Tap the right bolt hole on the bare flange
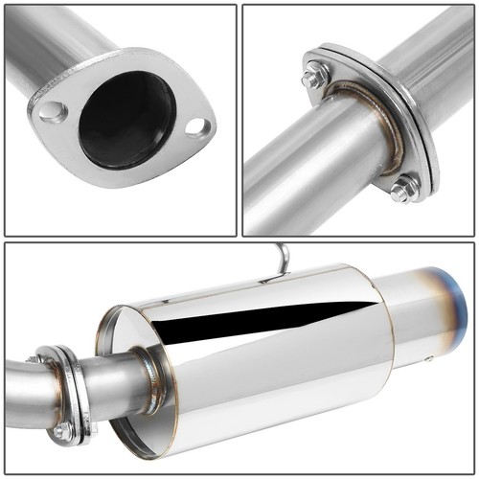coord(196,125)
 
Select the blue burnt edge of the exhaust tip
coord(467,316)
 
